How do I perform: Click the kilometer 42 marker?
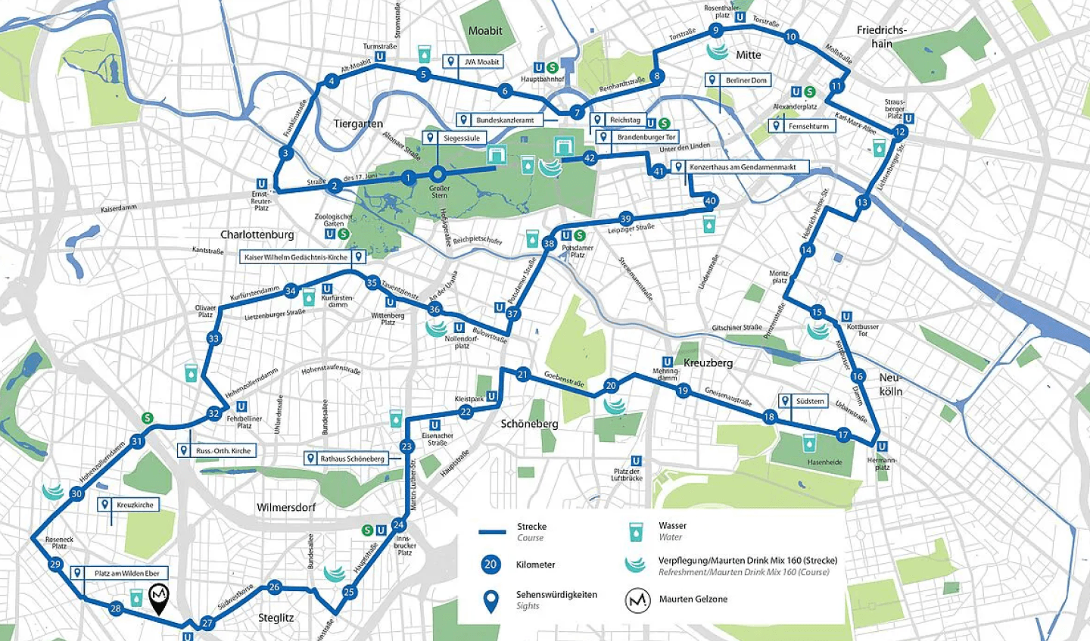[x=590, y=158]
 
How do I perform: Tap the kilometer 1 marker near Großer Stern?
[x=409, y=179]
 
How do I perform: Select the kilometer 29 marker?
[x=54, y=565]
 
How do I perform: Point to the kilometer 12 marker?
[x=899, y=132]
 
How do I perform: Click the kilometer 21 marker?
[x=523, y=375]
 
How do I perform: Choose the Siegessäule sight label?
[x=460, y=138]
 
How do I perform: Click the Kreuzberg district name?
[x=708, y=363]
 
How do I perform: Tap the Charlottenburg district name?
[x=257, y=235]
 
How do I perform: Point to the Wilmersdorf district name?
[x=286, y=507]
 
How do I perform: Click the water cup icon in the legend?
[x=635, y=531]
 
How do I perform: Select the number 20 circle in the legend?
[x=490, y=565]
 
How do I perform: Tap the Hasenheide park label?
[x=824, y=462]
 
